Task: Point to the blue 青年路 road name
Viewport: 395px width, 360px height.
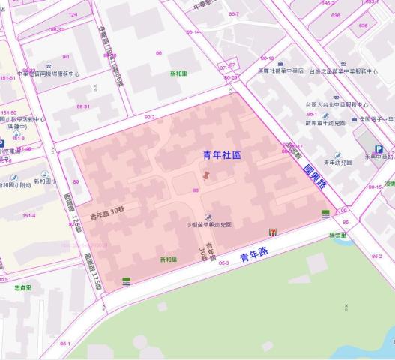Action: pyautogui.click(x=256, y=257)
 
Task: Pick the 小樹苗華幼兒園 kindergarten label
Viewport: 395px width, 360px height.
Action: pyautogui.click(x=209, y=224)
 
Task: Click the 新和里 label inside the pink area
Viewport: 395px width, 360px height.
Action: pyautogui.click(x=169, y=259)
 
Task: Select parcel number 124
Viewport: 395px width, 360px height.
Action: pyautogui.click(x=73, y=14)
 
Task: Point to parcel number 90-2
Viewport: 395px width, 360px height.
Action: pyautogui.click(x=149, y=117)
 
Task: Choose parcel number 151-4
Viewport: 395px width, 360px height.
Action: pyautogui.click(x=28, y=216)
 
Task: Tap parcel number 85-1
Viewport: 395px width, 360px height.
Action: pyautogui.click(x=66, y=343)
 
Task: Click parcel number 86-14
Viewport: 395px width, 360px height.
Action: pyautogui.click(x=193, y=32)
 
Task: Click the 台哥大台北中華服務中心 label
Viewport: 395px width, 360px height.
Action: pyautogui.click(x=337, y=105)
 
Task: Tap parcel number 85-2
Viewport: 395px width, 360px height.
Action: pyautogui.click(x=376, y=256)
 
